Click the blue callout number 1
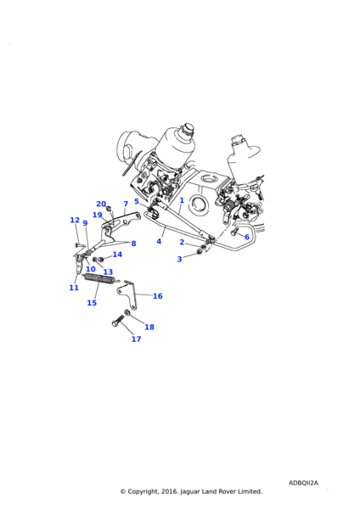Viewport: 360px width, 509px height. [182, 200]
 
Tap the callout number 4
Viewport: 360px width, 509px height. [159, 241]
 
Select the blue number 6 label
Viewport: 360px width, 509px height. [247, 237]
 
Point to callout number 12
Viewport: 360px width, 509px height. [75, 220]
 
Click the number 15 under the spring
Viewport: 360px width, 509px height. [92, 303]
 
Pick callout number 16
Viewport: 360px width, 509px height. [158, 296]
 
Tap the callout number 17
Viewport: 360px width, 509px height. [136, 338]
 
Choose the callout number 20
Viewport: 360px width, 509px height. [101, 204]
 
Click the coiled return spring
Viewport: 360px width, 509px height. [99, 279]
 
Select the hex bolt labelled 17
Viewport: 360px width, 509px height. [118, 321]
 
